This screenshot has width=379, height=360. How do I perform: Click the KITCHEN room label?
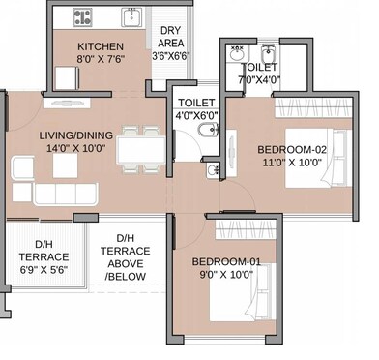(x=99, y=46)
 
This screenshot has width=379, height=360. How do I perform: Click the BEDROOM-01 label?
(x=225, y=262)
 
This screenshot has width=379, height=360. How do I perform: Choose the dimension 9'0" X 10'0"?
(x=225, y=276)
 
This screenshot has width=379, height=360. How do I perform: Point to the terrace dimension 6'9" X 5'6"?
(x=44, y=271)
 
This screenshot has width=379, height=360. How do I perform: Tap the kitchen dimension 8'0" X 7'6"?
(x=99, y=60)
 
